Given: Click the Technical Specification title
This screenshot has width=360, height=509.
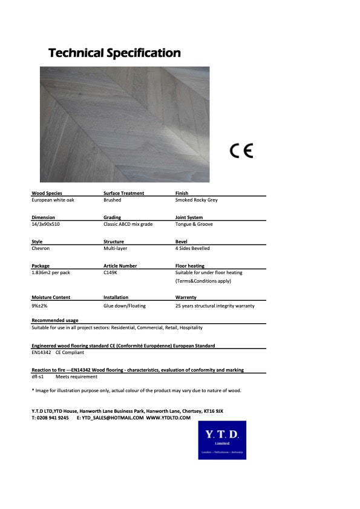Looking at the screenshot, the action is click(x=114, y=53).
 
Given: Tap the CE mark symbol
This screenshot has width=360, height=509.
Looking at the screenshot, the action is click(x=241, y=150).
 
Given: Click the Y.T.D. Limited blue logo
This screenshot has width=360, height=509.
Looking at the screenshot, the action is click(x=222, y=441).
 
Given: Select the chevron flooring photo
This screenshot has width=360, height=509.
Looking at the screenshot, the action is click(x=125, y=125).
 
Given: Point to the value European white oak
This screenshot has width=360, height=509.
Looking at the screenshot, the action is click(x=53, y=200).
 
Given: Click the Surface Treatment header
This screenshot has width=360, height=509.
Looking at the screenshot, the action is click(x=123, y=193).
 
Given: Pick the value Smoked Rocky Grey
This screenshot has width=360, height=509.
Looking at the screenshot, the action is click(x=196, y=200).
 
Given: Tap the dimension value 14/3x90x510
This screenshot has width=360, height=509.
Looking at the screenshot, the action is click(x=47, y=224).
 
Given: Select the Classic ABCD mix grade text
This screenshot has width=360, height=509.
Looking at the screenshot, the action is click(x=128, y=224).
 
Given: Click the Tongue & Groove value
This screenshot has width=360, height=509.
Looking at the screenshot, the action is click(x=194, y=224).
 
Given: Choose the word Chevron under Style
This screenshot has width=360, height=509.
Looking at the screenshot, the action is click(x=41, y=248).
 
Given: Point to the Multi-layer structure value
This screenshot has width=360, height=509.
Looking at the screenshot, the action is click(x=116, y=248).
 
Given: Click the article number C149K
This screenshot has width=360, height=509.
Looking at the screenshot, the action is click(x=111, y=273).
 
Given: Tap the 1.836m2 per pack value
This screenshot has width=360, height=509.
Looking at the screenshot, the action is click(x=51, y=273).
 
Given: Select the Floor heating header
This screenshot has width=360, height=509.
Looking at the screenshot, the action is click(x=189, y=266).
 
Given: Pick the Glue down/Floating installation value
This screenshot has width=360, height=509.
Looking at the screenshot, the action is click(x=125, y=306).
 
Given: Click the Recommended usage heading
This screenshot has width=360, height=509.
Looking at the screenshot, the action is click(x=55, y=320).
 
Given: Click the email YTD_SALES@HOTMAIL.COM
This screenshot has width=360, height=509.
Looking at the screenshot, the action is click(x=113, y=418).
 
